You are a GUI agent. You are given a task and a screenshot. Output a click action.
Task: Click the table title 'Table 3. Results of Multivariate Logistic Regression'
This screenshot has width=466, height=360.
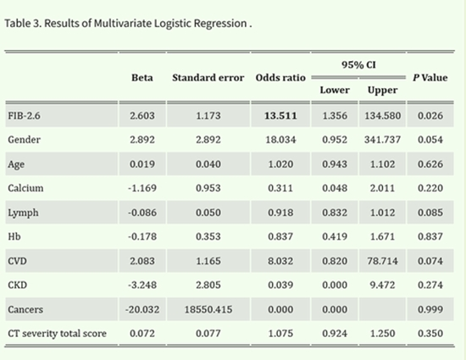(127, 22)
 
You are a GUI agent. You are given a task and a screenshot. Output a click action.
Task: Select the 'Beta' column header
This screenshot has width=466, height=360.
(141, 77)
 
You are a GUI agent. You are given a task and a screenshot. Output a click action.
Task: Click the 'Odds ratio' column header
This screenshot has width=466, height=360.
(280, 77)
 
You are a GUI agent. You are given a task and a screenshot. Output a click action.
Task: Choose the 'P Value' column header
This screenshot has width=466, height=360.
(430, 77)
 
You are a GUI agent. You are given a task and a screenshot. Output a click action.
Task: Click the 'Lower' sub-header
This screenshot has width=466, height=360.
(335, 91)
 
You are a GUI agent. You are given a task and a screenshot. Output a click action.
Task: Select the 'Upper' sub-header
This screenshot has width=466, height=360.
(383, 91)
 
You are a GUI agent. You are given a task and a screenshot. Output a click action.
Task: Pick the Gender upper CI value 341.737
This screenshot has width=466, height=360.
(383, 140)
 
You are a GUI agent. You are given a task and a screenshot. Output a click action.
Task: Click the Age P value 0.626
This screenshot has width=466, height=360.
(430, 163)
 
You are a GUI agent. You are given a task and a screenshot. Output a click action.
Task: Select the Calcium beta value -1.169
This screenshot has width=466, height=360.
(141, 188)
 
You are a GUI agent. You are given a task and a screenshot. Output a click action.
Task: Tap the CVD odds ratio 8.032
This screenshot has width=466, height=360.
(280, 261)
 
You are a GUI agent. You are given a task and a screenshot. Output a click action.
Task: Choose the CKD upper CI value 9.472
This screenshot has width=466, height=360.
(383, 285)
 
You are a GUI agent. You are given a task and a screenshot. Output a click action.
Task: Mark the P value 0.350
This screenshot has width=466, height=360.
(430, 334)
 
